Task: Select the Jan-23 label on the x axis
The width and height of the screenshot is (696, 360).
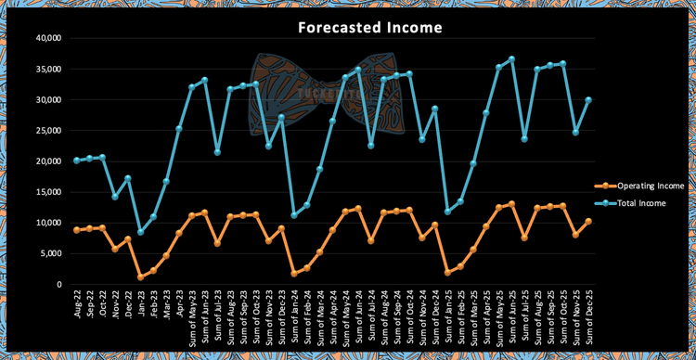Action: [140, 303]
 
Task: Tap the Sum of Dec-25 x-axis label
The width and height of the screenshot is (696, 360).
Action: [587, 316]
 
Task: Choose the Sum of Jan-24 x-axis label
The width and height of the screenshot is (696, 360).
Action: [294, 316]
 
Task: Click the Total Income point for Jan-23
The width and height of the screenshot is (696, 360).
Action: [140, 232]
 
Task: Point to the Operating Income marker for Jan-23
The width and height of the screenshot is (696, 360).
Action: [140, 276]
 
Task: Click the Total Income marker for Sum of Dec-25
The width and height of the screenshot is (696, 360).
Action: [587, 100]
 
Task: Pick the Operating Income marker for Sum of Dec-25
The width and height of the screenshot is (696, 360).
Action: [587, 222]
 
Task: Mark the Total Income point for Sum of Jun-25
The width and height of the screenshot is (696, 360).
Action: [511, 59]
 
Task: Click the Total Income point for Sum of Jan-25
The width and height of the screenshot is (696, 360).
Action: [447, 212]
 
